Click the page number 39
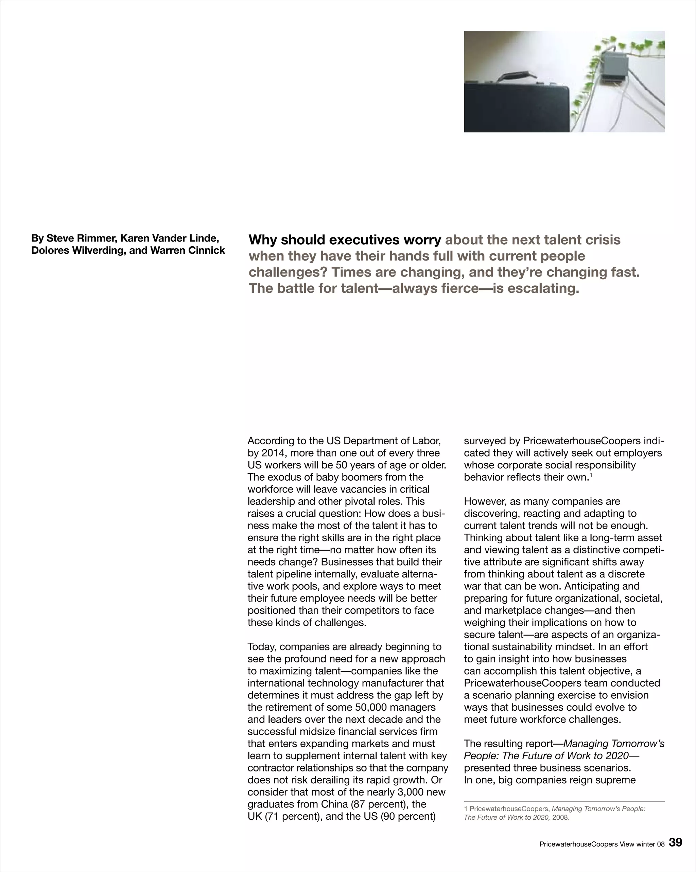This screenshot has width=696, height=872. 675,843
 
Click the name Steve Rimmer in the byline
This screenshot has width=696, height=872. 81,238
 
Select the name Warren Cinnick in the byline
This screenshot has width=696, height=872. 187,251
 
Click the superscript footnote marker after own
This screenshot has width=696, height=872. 591,475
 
